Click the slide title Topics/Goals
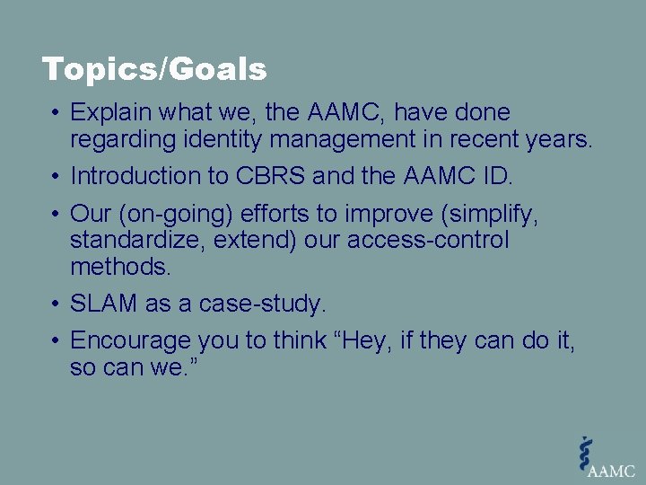pos(154,69)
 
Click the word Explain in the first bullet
pos(106,113)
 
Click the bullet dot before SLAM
pos(55,304)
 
